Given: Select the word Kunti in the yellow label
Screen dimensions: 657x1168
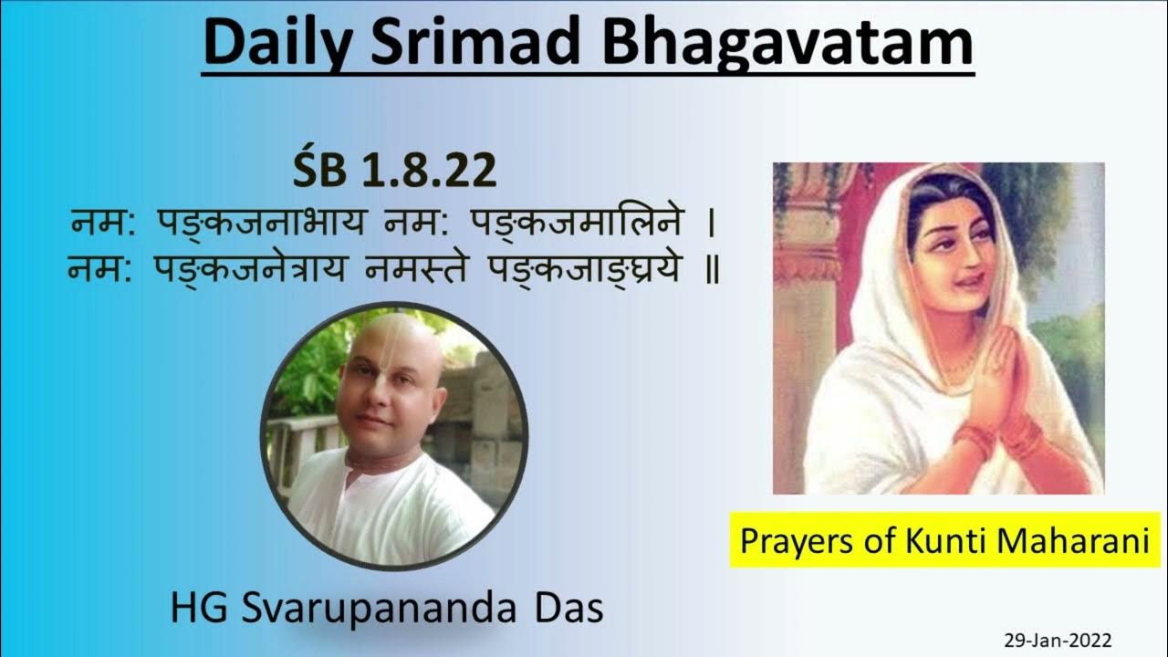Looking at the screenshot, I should click(x=939, y=540).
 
